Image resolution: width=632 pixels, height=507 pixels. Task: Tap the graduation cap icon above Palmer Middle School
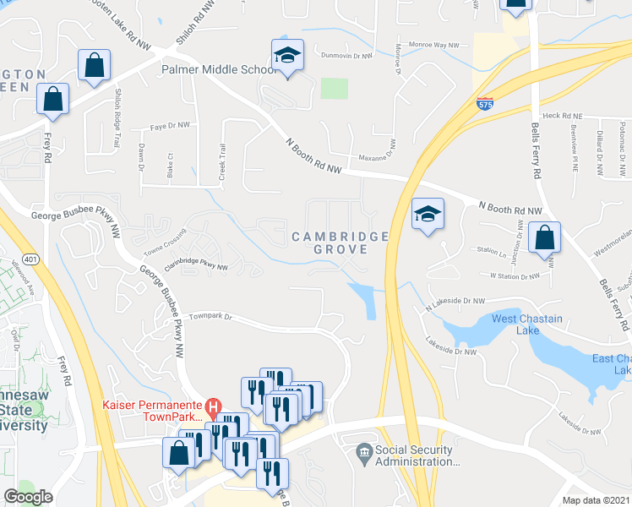(288, 56)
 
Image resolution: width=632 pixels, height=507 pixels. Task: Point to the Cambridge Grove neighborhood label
(341, 243)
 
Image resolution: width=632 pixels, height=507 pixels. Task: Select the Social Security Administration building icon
(364, 450)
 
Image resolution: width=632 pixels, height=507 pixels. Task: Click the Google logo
(28, 497)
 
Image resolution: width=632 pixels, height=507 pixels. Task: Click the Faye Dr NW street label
(167, 125)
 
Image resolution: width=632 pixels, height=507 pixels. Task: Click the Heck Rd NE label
(564, 116)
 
